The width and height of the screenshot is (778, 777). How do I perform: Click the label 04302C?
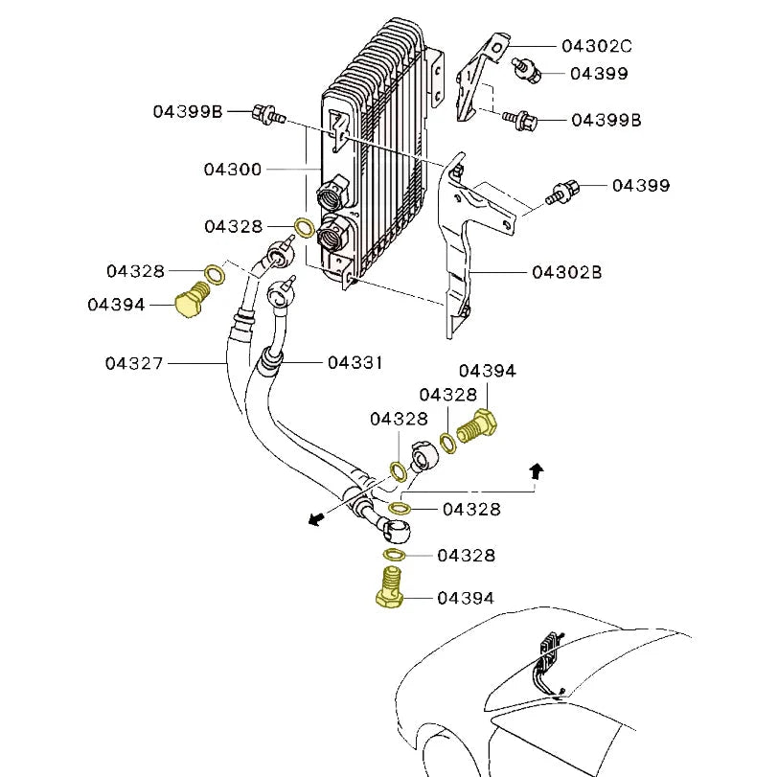click(596, 45)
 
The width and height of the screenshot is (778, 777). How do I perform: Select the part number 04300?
click(232, 170)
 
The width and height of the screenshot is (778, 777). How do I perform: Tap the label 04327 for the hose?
click(135, 363)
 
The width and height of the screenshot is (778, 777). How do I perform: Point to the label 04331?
click(355, 363)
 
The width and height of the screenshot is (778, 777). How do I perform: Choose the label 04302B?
click(567, 272)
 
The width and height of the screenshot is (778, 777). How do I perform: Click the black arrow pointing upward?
click(537, 469)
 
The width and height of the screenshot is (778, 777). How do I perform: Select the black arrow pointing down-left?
click(314, 518)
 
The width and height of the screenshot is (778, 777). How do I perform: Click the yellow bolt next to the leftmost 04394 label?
click(192, 301)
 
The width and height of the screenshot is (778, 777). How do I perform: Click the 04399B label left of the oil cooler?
click(187, 112)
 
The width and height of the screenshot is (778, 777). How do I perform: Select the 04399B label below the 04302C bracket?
click(606, 120)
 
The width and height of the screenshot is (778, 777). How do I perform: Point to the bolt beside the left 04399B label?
click(266, 116)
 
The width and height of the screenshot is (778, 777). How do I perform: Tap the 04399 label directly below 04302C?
click(599, 73)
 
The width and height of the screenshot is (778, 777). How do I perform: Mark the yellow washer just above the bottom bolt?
click(393, 555)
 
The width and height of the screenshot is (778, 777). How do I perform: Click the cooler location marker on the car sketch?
click(550, 652)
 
